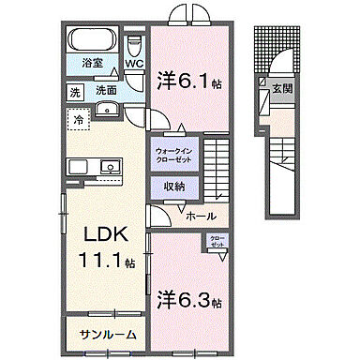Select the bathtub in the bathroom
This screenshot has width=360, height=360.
(91, 42)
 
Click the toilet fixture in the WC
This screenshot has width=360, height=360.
(134, 44)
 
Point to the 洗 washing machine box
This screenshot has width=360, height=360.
(73, 92)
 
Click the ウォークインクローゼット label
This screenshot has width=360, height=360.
(174, 155)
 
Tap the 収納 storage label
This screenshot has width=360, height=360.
(173, 187)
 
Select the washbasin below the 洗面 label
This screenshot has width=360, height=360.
(104, 109)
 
